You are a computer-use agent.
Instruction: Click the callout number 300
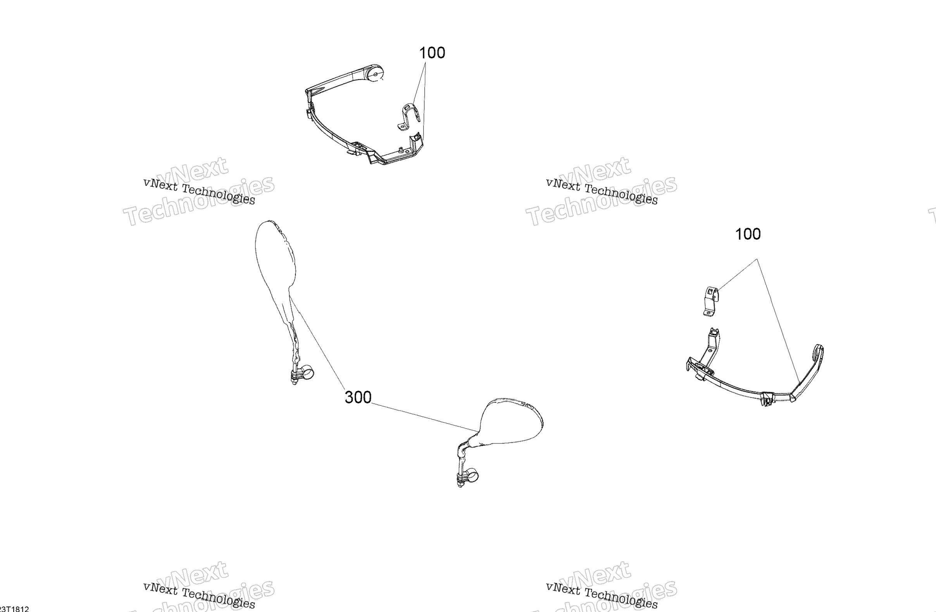tap(358, 397)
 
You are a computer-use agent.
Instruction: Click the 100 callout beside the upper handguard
tap(432, 53)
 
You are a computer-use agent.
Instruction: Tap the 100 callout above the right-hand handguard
tap(748, 234)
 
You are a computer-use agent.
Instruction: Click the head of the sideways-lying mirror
tap(511, 423)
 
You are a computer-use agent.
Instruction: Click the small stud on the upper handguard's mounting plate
tap(400, 150)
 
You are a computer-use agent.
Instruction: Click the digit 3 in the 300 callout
tap(349, 397)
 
